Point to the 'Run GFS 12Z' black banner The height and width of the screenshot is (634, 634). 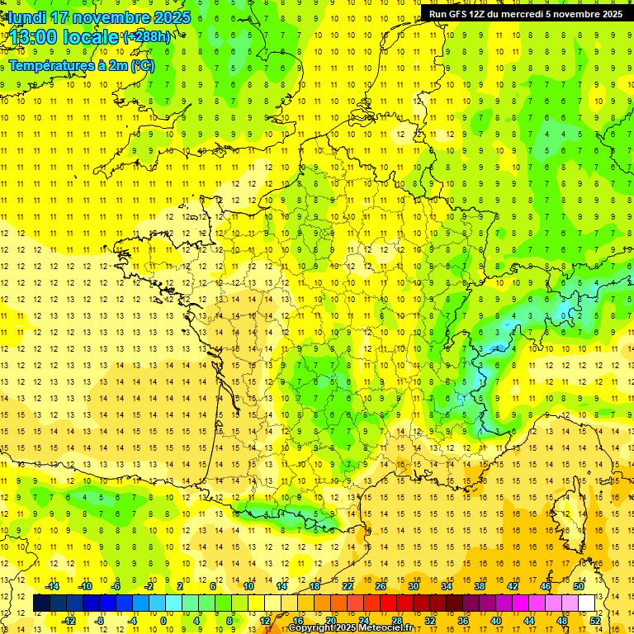click(527, 14)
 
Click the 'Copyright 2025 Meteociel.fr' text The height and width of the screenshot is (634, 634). click(350, 628)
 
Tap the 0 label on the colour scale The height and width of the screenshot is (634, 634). click(163, 621)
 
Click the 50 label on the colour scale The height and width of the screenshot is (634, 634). click(580, 586)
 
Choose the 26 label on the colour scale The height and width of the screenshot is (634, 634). click(380, 586)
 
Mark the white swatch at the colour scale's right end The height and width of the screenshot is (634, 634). click(587, 603)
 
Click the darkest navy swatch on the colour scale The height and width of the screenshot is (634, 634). click(42, 603)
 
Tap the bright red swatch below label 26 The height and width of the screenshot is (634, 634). click(388, 603)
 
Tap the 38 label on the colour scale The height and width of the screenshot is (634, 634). click(480, 586)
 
